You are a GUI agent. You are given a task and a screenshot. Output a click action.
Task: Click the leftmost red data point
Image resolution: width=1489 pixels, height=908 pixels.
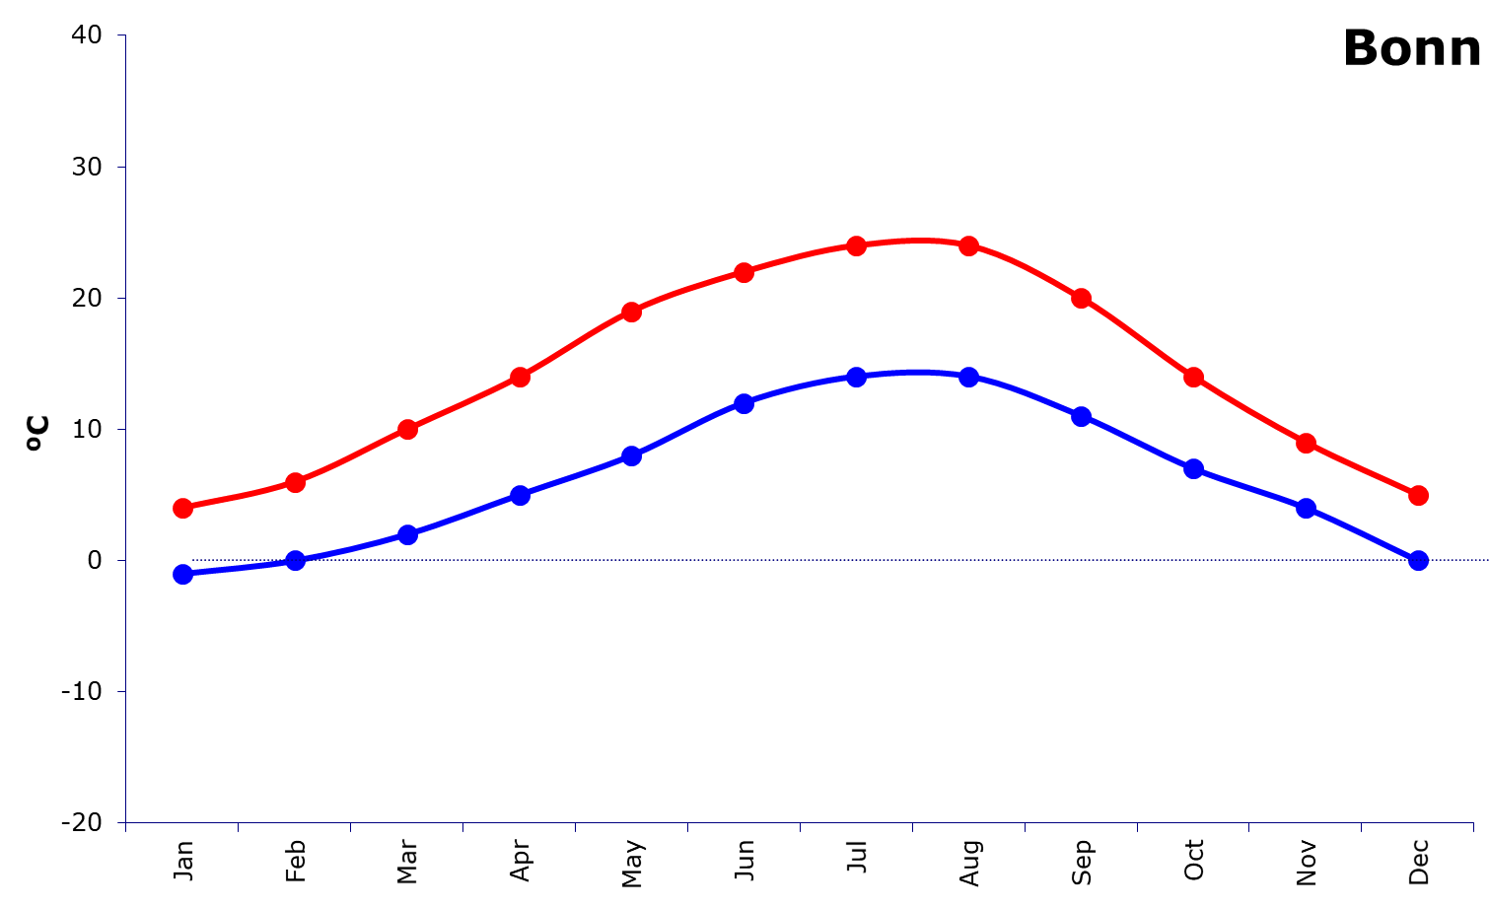(182, 509)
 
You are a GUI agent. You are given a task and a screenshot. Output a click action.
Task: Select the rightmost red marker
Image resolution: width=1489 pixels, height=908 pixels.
(1418, 495)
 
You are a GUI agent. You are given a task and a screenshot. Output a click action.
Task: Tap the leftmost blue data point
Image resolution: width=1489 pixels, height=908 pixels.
(182, 575)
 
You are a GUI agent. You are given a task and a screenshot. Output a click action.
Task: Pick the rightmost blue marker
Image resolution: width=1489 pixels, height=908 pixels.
(1418, 561)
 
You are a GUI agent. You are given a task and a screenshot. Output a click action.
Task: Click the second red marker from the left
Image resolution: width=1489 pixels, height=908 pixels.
(295, 482)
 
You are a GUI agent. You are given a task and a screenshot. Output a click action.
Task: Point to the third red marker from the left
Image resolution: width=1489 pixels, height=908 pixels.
(407, 429)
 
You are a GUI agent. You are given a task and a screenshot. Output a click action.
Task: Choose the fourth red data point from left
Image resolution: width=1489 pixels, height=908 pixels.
(520, 377)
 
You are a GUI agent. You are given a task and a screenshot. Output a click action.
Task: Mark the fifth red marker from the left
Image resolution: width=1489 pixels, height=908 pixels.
(632, 312)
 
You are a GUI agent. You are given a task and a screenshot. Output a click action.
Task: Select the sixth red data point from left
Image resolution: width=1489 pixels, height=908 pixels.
(744, 272)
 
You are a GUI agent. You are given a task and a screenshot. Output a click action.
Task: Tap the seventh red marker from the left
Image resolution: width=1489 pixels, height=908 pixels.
(857, 245)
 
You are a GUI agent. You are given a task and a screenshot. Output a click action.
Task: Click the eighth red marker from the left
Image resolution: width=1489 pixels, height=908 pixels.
(969, 245)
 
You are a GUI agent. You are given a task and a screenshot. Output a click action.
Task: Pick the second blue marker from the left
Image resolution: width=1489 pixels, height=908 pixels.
(295, 561)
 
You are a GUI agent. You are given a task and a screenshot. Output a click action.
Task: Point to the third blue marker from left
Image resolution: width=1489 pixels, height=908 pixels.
(407, 534)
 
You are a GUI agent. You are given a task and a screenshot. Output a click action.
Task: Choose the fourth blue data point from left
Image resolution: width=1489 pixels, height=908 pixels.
(520, 495)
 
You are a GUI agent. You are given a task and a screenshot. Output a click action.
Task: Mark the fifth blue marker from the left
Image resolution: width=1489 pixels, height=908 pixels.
(632, 455)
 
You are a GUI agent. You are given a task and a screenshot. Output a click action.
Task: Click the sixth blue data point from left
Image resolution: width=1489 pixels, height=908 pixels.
(744, 403)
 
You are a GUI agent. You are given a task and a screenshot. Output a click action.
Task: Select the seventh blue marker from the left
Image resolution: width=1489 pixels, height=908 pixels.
(857, 377)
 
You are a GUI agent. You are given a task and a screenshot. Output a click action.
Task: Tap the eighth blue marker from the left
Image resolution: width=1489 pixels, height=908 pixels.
(969, 377)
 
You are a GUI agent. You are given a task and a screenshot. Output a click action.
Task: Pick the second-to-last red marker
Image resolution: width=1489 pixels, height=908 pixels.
(1306, 443)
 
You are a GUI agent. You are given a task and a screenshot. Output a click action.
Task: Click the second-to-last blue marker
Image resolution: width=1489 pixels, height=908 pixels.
(1306, 509)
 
